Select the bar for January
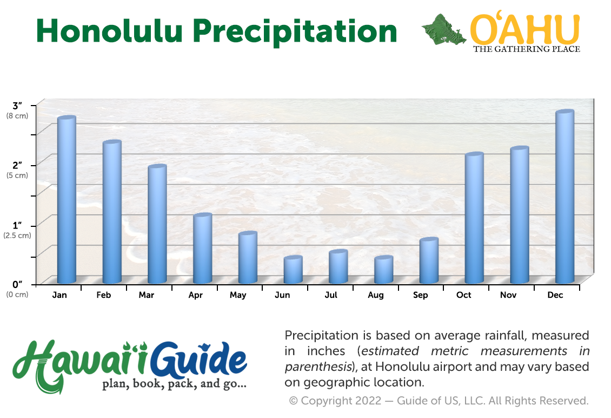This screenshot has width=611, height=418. click(x=67, y=199)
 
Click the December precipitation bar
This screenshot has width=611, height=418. click(x=564, y=197)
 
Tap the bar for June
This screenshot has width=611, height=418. click(x=293, y=269)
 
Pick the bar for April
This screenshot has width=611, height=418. click(x=203, y=248)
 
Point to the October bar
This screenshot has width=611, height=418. click(x=474, y=218)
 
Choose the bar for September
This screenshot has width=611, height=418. click(x=429, y=260)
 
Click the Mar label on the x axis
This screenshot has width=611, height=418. click(x=147, y=295)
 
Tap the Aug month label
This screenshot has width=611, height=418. click(x=376, y=296)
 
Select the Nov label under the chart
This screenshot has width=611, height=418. click(x=508, y=295)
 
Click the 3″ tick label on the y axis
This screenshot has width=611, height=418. click(x=17, y=106)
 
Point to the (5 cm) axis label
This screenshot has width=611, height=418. click(x=17, y=175)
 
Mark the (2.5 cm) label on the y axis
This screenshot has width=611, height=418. click(x=17, y=236)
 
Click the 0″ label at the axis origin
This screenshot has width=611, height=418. click(x=17, y=284)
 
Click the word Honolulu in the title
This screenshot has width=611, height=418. click(x=110, y=31)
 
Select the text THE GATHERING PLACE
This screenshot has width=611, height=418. click(x=527, y=49)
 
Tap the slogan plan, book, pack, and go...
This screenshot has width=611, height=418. click(x=174, y=384)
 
